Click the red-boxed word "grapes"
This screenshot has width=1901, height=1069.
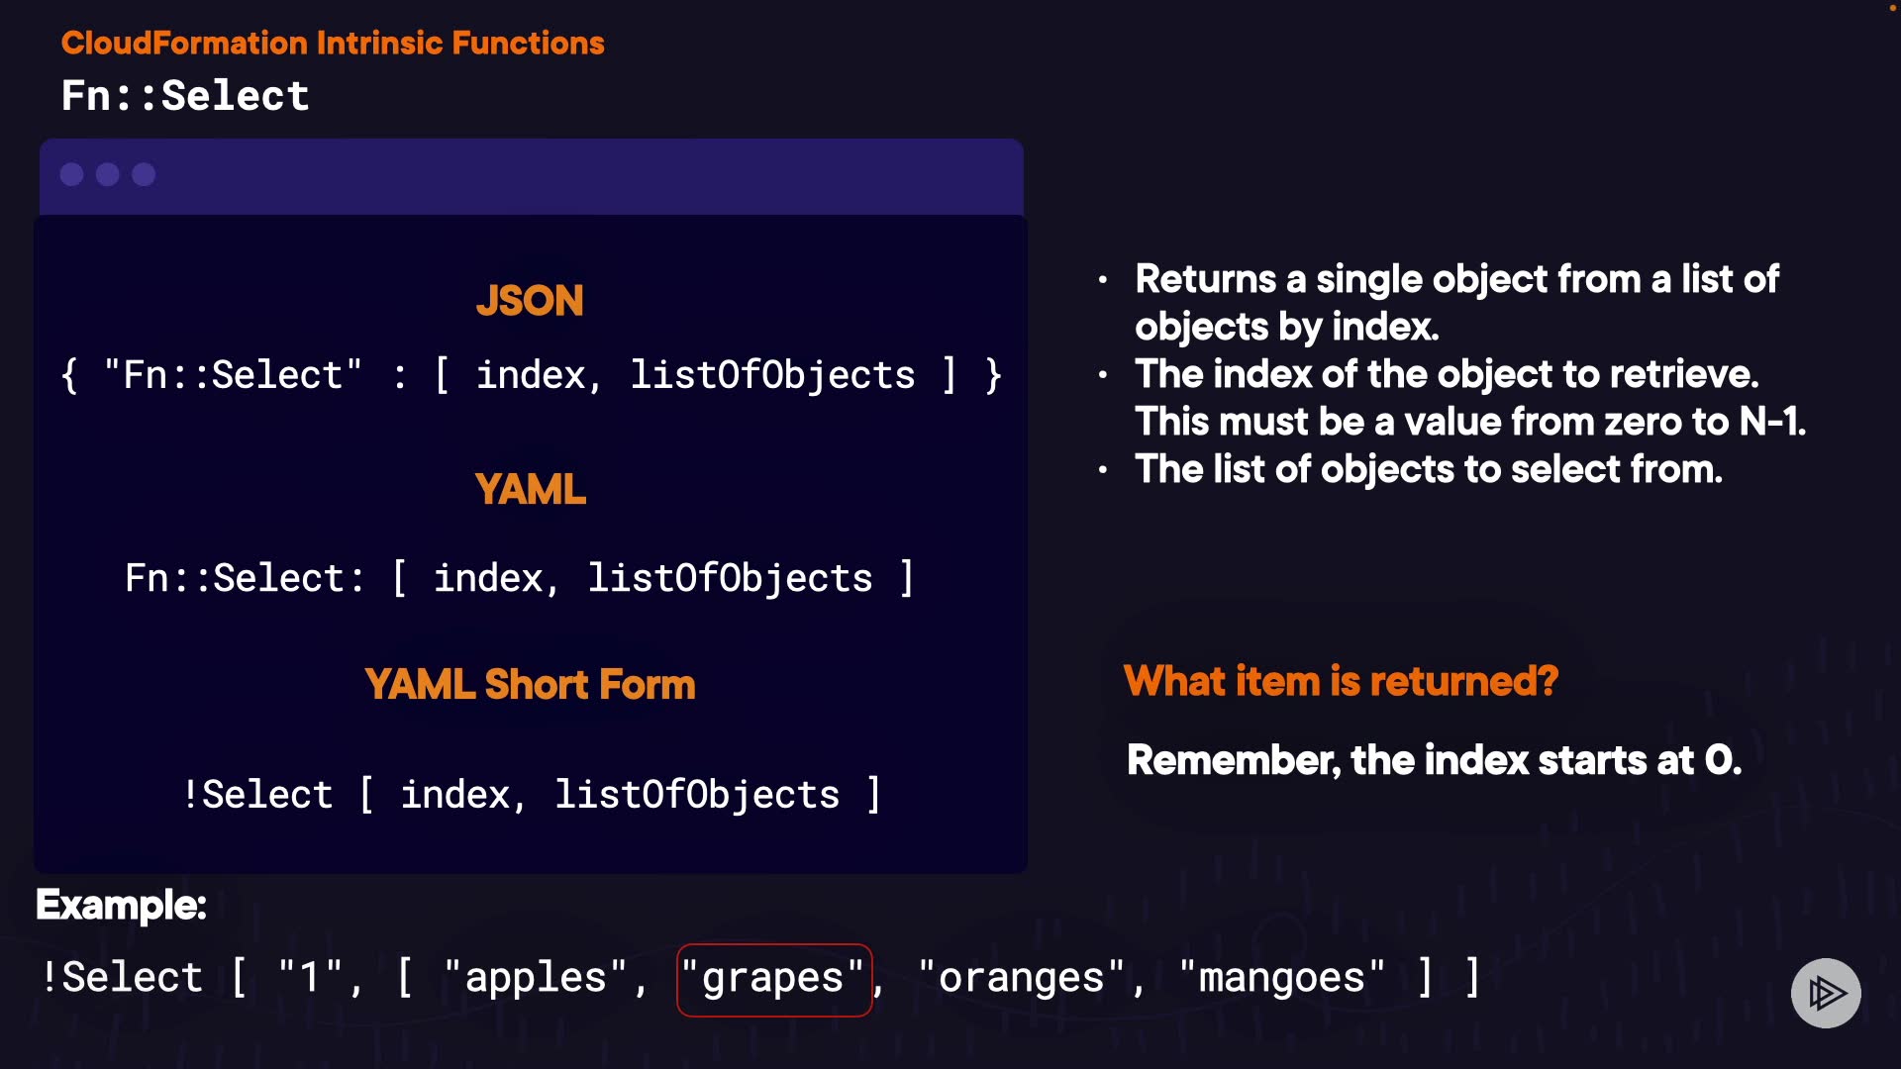tap(773, 979)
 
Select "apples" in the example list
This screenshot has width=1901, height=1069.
tap(535, 979)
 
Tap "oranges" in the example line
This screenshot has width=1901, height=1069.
tap(1021, 979)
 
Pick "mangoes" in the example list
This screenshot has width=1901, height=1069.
tap(1281, 979)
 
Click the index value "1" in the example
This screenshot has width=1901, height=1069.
tap(310, 979)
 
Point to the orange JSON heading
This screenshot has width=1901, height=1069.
tap(530, 301)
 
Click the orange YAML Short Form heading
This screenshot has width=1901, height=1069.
tap(530, 685)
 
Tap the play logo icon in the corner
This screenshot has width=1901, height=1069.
tap(1826, 993)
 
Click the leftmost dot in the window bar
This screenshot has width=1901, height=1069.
tap(71, 175)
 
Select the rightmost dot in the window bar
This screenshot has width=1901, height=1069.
tap(144, 175)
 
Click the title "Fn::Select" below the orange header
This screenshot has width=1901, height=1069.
tap(185, 96)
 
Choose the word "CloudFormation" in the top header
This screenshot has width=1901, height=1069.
tap(184, 43)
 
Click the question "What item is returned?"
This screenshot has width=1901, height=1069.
tap(1341, 681)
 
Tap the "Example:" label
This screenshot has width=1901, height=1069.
tap(121, 905)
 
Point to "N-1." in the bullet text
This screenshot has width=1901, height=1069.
tap(1772, 423)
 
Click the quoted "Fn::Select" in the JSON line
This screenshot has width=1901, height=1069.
tap(233, 375)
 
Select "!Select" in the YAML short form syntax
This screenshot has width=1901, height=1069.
tap(257, 795)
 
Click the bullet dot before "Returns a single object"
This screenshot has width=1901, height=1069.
tap(1103, 280)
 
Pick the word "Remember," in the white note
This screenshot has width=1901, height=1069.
tap(1234, 760)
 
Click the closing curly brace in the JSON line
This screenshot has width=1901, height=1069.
tap(993, 375)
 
